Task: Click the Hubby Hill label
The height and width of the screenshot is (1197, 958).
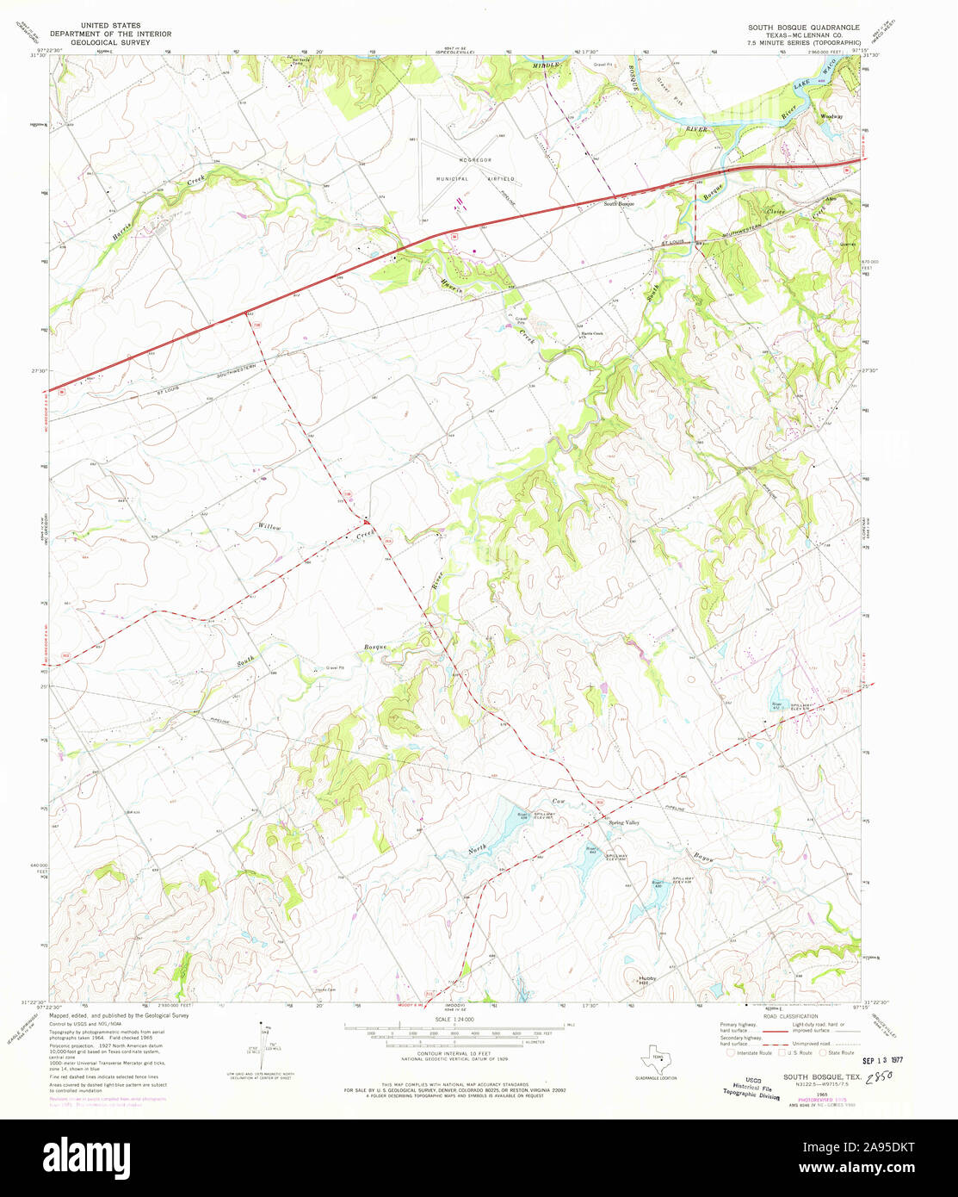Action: click(x=647, y=980)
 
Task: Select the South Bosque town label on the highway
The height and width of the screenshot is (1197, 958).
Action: click(x=619, y=203)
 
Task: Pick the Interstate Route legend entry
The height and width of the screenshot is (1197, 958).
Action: click(x=749, y=1052)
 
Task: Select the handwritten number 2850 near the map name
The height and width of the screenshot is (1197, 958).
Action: click(x=883, y=1077)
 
